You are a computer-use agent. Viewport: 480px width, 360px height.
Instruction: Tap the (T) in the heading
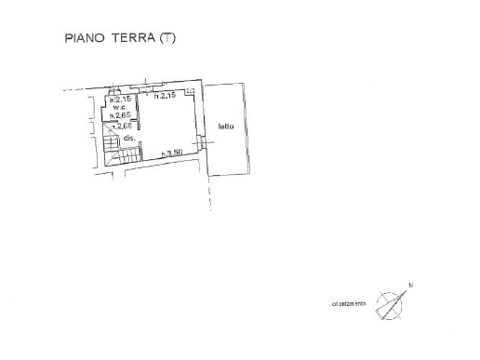[167, 39]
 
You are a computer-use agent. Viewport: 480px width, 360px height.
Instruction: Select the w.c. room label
[120, 107]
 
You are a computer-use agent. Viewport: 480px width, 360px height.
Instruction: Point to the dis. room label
[129, 138]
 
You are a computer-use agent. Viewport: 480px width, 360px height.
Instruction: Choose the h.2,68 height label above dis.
[119, 126]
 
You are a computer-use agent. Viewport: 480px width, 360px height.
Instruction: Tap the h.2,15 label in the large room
[166, 96]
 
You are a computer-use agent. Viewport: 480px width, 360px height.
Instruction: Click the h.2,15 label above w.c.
[118, 100]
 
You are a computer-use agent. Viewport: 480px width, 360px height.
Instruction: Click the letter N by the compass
[409, 286]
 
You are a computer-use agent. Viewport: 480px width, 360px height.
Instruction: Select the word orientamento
[349, 304]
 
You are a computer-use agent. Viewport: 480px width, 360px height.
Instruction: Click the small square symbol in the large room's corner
[190, 92]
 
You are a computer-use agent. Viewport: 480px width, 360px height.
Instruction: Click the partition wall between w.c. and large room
[138, 116]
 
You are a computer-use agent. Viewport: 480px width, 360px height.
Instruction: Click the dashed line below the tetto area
[211, 195]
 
